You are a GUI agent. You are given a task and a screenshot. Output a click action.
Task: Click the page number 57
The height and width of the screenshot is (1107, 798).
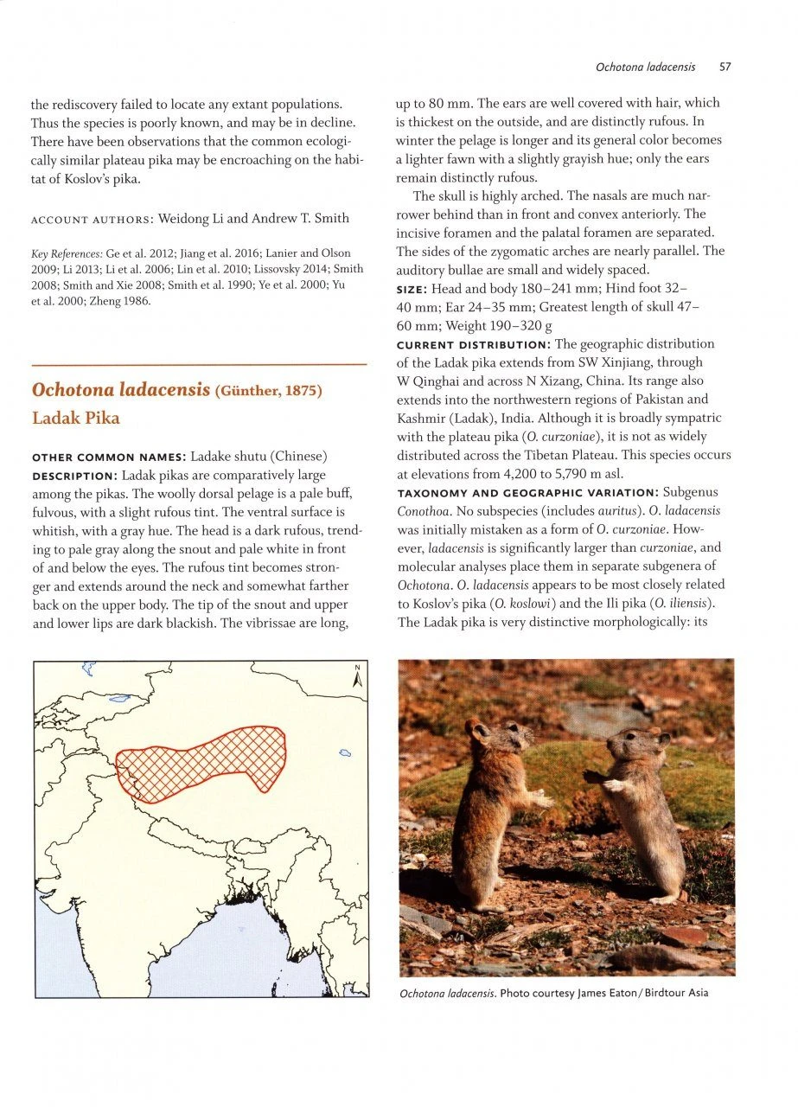click(x=725, y=67)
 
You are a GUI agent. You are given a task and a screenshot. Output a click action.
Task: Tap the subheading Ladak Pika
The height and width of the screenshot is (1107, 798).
click(x=76, y=419)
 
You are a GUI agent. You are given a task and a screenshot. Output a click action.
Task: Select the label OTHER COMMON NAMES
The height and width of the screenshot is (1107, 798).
click(x=106, y=457)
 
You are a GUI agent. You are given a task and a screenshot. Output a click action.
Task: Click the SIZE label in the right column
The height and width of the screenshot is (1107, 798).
click(x=412, y=289)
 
